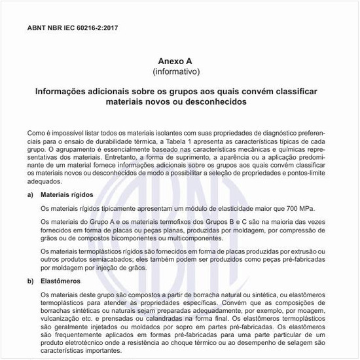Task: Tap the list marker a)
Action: point(30,195)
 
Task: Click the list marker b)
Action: point(30,281)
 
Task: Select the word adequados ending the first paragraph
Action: point(44,185)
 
